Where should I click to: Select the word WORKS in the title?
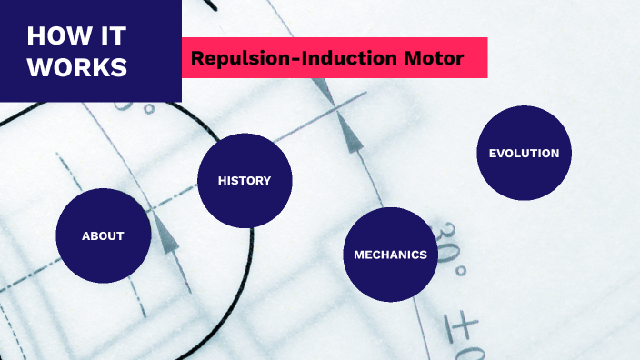(x=77, y=67)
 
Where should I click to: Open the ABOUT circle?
(x=103, y=235)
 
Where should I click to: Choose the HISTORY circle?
(x=245, y=180)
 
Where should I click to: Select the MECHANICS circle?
(x=390, y=255)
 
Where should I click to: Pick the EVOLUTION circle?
(x=524, y=153)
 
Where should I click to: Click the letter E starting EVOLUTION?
(x=492, y=153)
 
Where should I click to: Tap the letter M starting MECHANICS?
(x=358, y=255)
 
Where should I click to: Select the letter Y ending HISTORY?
(x=267, y=180)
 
